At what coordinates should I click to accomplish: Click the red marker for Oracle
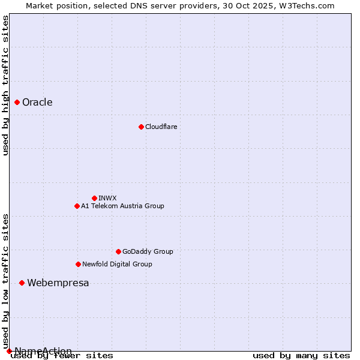17,103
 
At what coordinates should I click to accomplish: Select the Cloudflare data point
141,127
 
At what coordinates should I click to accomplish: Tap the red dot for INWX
94,198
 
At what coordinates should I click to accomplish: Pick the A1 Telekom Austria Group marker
77,206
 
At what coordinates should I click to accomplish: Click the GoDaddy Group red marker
118,251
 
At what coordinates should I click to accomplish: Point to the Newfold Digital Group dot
78,264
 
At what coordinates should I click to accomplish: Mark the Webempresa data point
22,283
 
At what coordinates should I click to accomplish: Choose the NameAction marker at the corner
9,351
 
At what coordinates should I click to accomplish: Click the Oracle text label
37,103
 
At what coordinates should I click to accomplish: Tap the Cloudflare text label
161,127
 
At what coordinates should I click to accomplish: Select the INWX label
107,198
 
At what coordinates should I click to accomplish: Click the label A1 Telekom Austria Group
122,206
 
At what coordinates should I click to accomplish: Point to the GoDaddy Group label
148,251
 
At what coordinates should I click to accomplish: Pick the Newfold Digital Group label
117,264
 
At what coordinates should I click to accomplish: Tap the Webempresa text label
58,283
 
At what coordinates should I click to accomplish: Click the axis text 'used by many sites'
301,355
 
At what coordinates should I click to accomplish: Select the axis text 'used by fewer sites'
62,355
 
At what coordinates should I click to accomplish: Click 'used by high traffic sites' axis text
6,85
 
